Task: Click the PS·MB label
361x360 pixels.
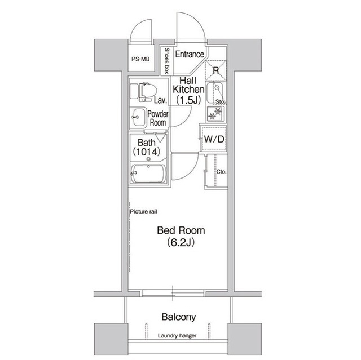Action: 140,59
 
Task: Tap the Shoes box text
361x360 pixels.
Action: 167,61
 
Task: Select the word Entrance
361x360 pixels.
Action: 190,54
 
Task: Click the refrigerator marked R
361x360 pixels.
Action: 215,70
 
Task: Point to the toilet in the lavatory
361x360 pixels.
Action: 143,92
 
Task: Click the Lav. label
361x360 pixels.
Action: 160,100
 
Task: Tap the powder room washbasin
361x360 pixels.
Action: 138,118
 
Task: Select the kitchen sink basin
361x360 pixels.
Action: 214,94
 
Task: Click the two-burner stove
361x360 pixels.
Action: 215,114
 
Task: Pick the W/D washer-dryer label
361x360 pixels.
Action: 214,139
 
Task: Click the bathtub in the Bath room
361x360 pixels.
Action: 148,174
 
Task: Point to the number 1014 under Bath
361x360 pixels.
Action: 147,152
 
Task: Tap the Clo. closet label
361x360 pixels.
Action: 221,172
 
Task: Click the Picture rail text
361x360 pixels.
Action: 143,211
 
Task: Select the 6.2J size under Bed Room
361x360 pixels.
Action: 181,242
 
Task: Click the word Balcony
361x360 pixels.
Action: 179,317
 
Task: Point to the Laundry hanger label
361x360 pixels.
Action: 177,336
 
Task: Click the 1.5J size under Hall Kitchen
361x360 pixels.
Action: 188,100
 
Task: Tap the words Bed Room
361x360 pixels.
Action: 181,230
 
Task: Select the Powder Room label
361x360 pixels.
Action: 158,118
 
